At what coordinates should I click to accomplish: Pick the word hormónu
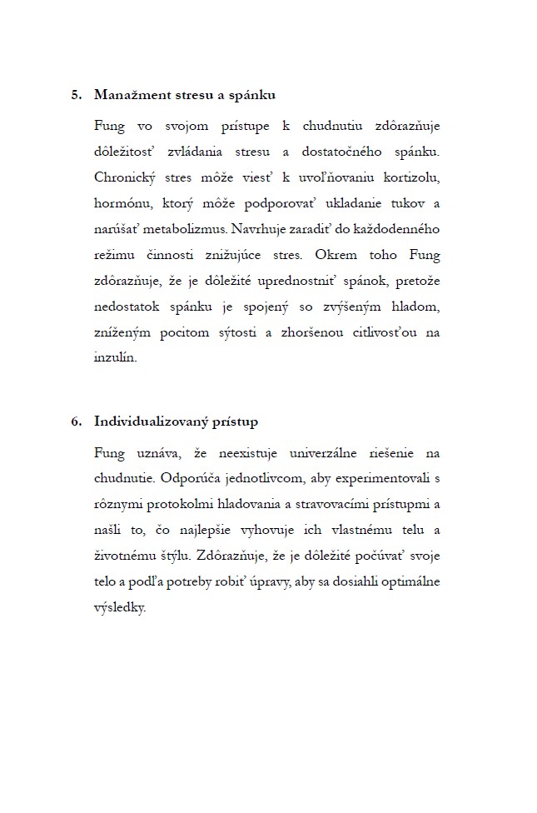[125, 203]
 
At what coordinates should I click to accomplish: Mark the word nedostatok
[132, 307]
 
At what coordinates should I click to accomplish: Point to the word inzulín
[116, 358]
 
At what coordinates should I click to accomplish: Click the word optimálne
[408, 582]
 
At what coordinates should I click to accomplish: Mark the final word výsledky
[120, 608]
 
